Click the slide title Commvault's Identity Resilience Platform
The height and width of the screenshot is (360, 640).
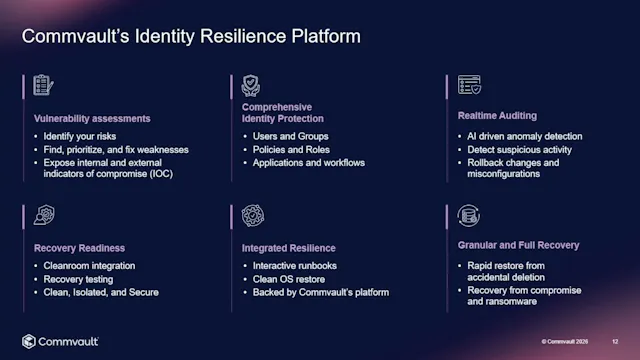coord(191,36)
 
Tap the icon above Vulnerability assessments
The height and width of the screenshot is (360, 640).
coord(41,85)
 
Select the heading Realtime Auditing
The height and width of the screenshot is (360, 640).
coord(497,116)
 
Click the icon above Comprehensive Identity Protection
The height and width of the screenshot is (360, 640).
coord(251,85)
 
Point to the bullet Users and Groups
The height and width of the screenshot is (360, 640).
coord(290,136)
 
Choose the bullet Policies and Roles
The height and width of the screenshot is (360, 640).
coord(292,149)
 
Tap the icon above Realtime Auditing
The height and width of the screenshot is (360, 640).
coord(468,85)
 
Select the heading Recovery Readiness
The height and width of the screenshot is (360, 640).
coord(81,247)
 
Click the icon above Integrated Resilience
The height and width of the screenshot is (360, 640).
coord(252,216)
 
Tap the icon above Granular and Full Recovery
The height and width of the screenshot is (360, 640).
coord(468,215)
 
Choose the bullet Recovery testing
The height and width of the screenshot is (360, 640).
coord(83,279)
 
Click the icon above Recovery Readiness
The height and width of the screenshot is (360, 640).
coord(42,215)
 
